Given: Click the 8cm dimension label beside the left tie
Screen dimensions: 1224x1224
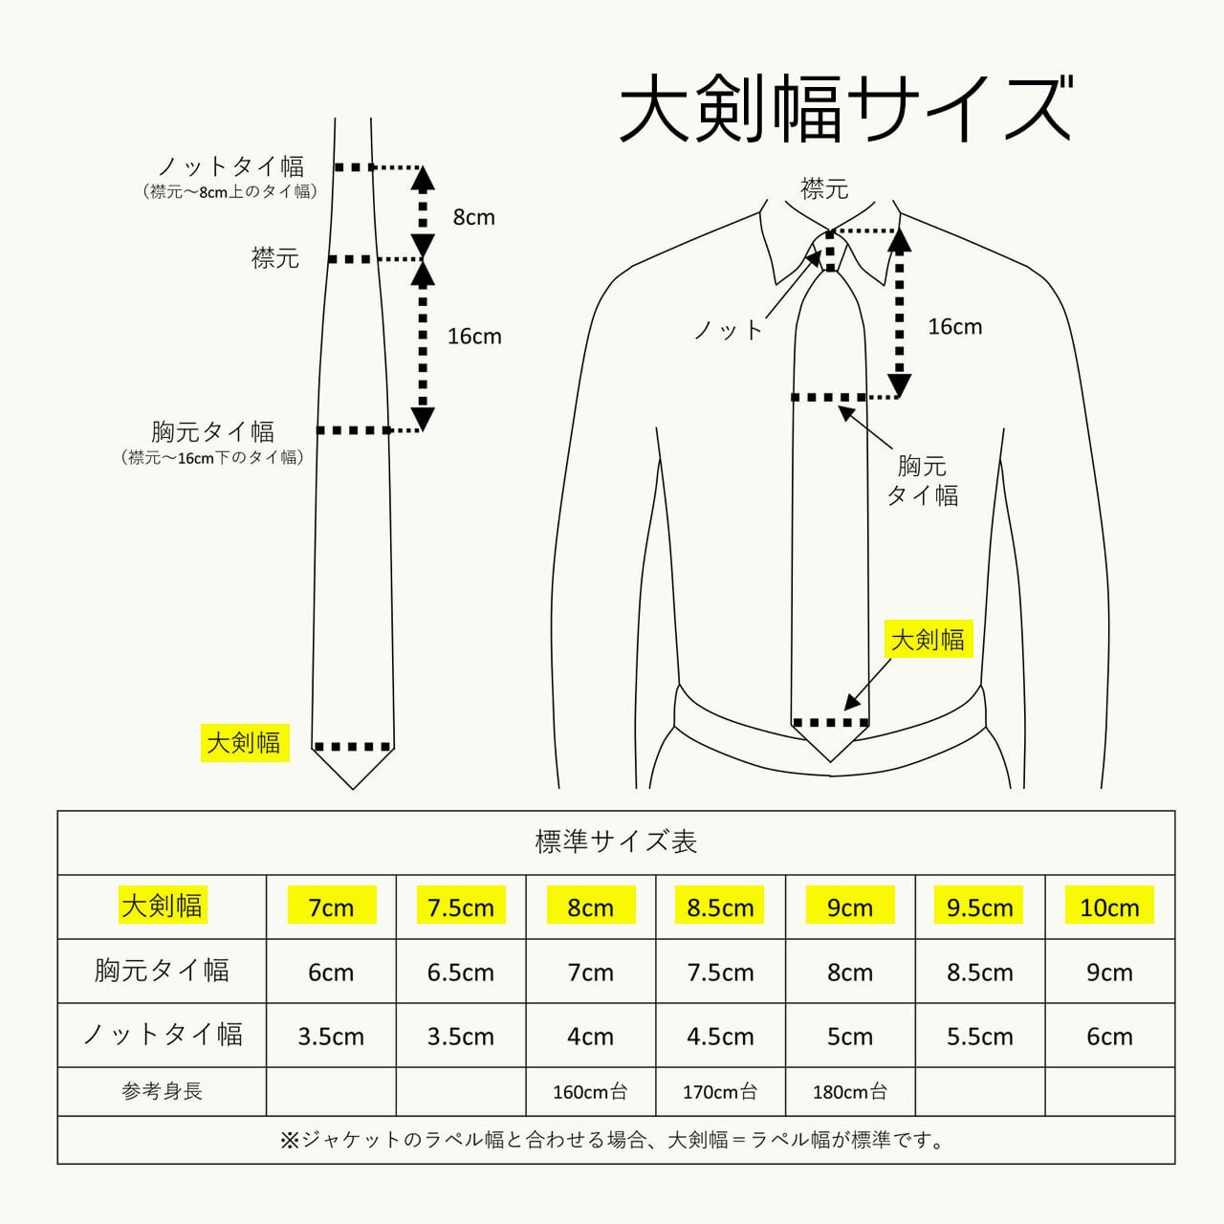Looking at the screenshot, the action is pyautogui.click(x=474, y=217).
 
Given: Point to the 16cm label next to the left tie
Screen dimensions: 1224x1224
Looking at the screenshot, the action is pyautogui.click(x=474, y=336).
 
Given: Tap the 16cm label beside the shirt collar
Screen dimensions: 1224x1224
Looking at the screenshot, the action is pyautogui.click(x=954, y=326).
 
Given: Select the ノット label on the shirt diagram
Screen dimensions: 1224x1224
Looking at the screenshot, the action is pyautogui.click(x=729, y=330).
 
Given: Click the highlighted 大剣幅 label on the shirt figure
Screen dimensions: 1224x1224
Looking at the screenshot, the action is pyautogui.click(x=928, y=639).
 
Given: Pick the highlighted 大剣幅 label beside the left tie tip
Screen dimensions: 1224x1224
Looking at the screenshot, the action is pyautogui.click(x=245, y=743).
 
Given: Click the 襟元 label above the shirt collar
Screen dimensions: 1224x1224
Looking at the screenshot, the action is pyautogui.click(x=824, y=188).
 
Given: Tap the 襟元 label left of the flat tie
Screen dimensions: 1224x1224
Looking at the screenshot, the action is pyautogui.click(x=275, y=258).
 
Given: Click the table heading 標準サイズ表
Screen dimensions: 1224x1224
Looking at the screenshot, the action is pyautogui.click(x=616, y=842).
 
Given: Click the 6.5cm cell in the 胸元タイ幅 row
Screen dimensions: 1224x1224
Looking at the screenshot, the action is pyautogui.click(x=461, y=973).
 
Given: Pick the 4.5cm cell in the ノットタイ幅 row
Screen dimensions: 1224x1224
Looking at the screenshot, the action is pyautogui.click(x=720, y=1037).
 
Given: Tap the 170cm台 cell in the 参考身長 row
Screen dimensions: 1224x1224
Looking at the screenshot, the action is pyautogui.click(x=720, y=1092).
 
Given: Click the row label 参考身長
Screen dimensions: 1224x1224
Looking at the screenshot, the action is pyautogui.click(x=162, y=1091).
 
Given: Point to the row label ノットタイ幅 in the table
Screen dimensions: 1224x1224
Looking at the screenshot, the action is pyautogui.click(x=163, y=1035).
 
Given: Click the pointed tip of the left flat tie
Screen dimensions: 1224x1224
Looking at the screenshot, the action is pyautogui.click(x=353, y=789).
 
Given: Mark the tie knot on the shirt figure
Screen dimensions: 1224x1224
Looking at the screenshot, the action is pyautogui.click(x=830, y=251).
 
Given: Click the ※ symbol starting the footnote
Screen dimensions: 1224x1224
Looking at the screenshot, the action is pyautogui.click(x=289, y=1140).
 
